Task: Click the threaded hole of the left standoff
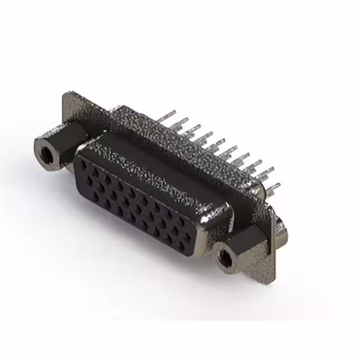[44, 150]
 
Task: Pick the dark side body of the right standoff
[247, 238]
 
